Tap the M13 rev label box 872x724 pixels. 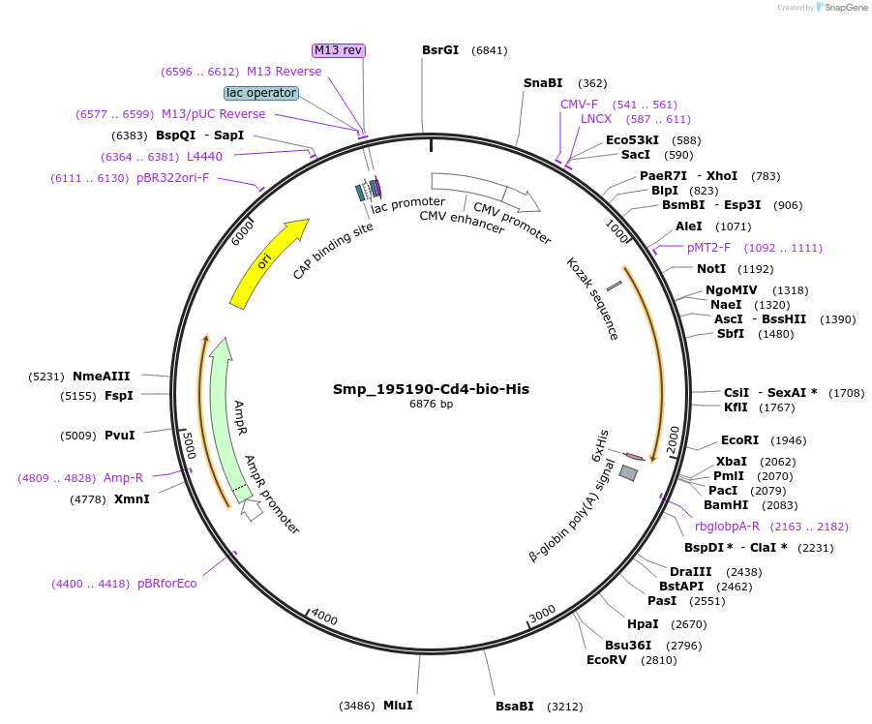coord(339,50)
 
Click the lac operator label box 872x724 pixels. coord(260,93)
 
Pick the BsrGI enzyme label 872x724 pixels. coord(440,50)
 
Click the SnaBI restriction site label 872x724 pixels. coord(543,83)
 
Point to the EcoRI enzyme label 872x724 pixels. coord(739,439)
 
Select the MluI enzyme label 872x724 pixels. coord(398,706)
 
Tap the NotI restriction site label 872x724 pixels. coord(710,268)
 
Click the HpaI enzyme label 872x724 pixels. coord(643,624)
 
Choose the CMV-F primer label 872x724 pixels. coord(579,104)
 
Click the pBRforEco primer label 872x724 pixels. coord(166,584)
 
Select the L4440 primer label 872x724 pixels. coord(204,156)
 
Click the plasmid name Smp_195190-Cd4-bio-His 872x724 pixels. coord(431,389)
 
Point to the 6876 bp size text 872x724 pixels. coord(431,405)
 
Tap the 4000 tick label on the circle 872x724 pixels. coord(324,618)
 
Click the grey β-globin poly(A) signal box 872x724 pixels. coord(628,472)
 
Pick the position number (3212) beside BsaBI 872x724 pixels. coord(566,707)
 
